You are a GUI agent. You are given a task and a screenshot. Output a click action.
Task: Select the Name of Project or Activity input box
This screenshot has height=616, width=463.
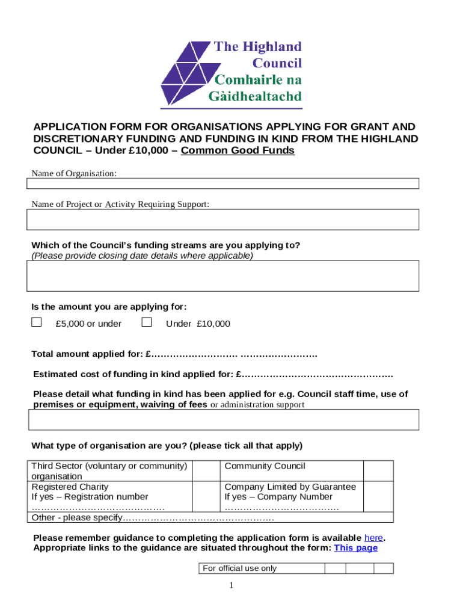click(222, 220)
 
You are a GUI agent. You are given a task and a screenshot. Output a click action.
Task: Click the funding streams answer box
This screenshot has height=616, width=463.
click(222, 276)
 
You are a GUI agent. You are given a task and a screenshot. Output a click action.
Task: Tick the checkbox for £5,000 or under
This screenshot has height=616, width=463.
click(37, 322)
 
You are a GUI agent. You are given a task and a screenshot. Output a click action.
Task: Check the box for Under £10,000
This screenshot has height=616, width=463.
click(146, 322)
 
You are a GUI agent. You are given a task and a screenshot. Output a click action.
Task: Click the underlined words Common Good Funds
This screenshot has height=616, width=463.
click(238, 150)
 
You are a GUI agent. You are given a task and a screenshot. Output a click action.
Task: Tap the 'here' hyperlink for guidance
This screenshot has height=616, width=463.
click(373, 538)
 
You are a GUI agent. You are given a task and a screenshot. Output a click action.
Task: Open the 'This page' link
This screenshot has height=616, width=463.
click(356, 548)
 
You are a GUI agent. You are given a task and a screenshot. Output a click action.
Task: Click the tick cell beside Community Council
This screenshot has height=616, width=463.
click(379, 470)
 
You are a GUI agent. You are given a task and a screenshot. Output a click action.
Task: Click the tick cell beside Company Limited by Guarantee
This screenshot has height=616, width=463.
click(379, 496)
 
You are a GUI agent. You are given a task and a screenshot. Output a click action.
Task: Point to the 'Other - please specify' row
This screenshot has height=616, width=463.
click(153, 517)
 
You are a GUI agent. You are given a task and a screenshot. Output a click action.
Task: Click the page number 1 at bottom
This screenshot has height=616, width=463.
click(231, 586)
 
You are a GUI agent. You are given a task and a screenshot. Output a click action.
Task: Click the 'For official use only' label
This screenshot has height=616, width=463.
click(240, 568)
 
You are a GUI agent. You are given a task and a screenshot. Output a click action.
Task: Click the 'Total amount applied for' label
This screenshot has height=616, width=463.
click(87, 353)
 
